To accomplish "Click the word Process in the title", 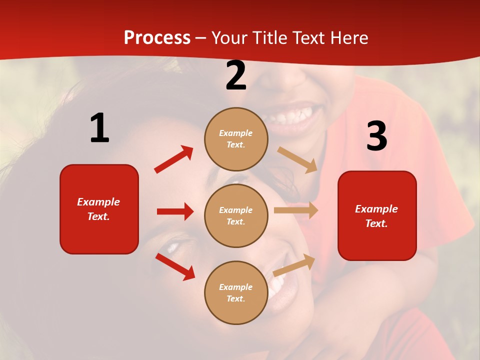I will [x=157, y=37].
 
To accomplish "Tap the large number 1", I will [x=99, y=128].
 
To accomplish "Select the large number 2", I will [x=235, y=75].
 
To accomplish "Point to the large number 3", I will [x=376, y=136].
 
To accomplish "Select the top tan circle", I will [x=236, y=139].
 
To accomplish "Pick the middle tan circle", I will [x=236, y=216].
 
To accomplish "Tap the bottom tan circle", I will [x=236, y=293].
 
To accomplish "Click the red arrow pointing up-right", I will [x=173, y=159].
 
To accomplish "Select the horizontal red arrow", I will [x=175, y=211].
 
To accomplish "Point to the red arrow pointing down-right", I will [x=175, y=266].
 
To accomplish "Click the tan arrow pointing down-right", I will [x=297, y=159].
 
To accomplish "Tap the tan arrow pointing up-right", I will [x=294, y=264].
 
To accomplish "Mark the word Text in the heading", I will [x=311, y=37].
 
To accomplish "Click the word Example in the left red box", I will [x=98, y=202].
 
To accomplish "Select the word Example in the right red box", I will [x=376, y=209].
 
